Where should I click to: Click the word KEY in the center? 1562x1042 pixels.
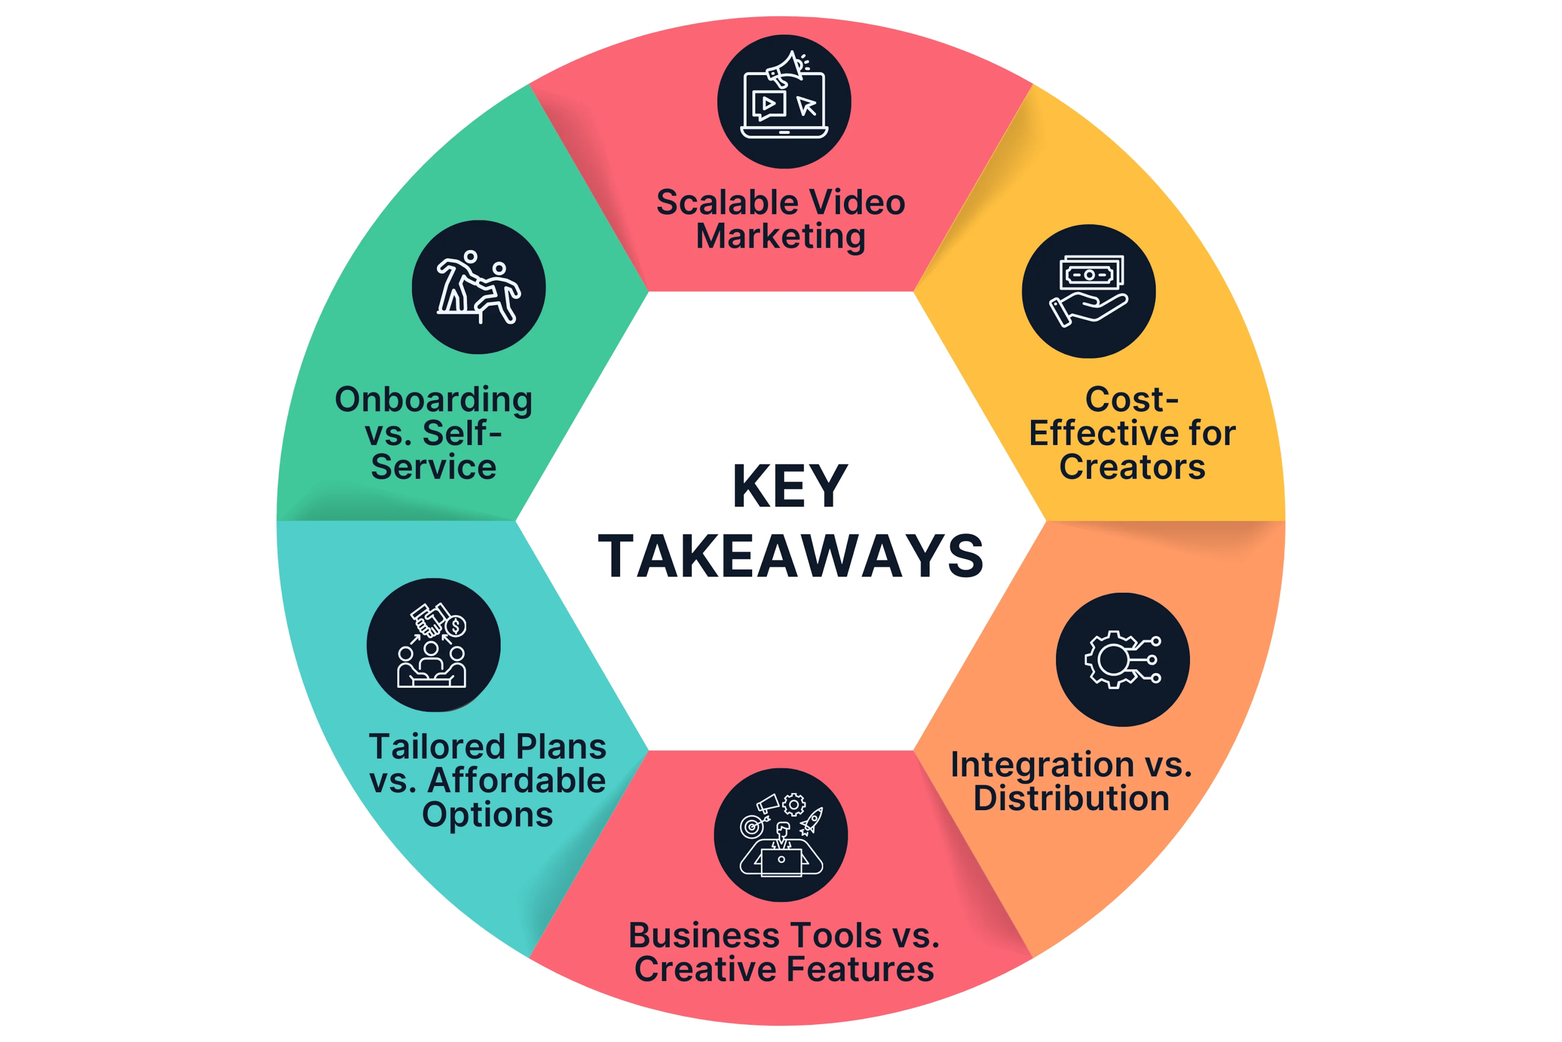[790, 486]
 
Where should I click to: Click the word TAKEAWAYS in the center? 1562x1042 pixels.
[790, 556]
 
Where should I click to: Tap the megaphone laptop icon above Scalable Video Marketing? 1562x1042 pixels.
[784, 95]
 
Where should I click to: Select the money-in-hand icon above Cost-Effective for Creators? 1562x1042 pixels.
[1089, 291]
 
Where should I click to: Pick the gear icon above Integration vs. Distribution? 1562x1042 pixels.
[1122, 659]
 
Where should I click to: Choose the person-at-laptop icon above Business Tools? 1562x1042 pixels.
[781, 835]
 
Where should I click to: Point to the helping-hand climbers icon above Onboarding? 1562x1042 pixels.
[478, 287]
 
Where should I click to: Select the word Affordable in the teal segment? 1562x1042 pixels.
[517, 780]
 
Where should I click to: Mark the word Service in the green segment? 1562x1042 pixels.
[434, 466]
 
